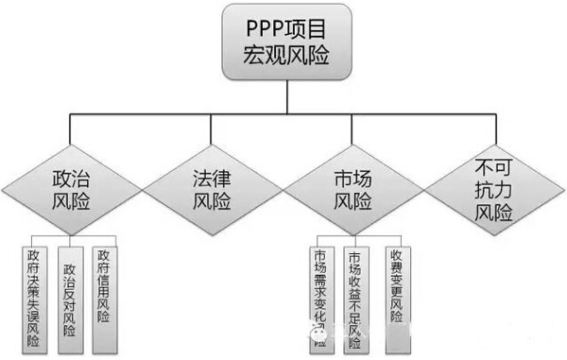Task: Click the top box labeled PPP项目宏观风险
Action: tap(283, 43)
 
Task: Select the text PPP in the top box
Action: tap(256, 28)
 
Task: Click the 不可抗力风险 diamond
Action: tap(493, 189)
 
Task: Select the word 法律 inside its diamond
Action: tap(212, 176)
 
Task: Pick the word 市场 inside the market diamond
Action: tap(352, 176)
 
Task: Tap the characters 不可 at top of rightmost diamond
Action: tap(493, 167)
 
